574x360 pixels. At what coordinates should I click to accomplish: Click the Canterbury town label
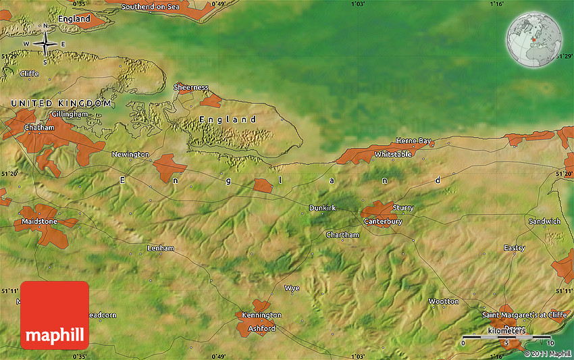(x=383, y=222)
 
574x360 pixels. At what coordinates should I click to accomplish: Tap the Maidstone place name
(x=40, y=222)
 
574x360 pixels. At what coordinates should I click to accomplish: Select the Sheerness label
(x=191, y=87)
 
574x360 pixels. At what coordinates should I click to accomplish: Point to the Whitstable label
(x=393, y=155)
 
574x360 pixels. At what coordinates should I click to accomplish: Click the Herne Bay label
(x=413, y=140)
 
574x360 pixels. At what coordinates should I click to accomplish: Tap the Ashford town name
(x=262, y=329)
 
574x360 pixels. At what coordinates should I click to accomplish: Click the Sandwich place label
(x=544, y=222)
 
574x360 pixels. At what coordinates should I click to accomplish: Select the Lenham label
(x=161, y=249)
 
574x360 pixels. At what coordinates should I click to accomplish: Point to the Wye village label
(x=292, y=288)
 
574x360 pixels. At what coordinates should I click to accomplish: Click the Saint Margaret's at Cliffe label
(x=524, y=315)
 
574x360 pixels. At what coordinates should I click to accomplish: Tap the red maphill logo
(x=55, y=315)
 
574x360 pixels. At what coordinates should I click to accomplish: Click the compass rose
(x=45, y=44)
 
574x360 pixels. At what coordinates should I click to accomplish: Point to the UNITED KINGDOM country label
(x=61, y=103)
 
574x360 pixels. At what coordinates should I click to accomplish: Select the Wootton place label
(x=444, y=301)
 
